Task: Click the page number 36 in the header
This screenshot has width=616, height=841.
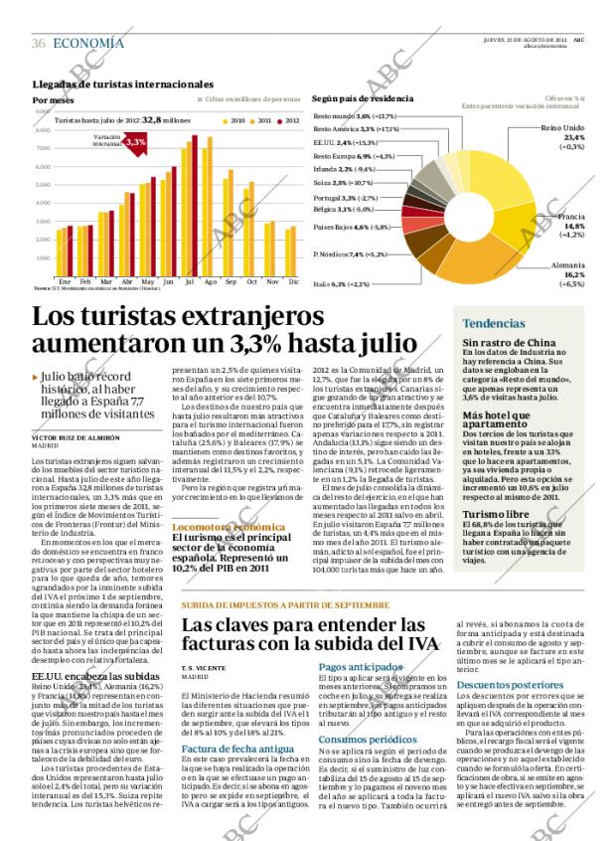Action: pyautogui.click(x=39, y=43)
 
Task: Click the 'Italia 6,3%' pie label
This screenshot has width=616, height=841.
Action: pyautogui.click(x=342, y=283)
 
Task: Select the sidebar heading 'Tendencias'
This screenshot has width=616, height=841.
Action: pyautogui.click(x=494, y=323)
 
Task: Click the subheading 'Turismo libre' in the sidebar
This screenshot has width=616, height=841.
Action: pyautogui.click(x=494, y=486)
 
